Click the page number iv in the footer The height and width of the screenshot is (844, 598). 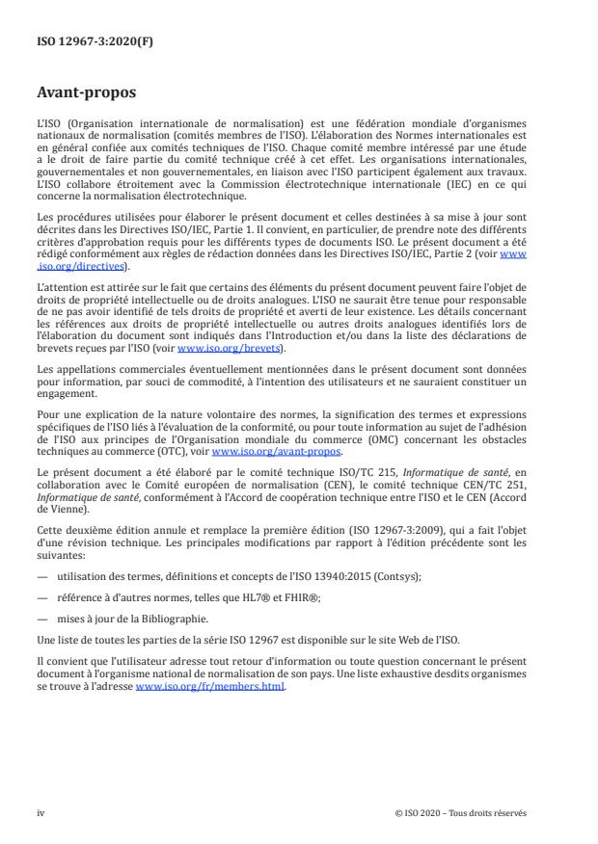coord(41,812)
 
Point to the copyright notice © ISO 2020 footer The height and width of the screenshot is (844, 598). coord(461,812)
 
